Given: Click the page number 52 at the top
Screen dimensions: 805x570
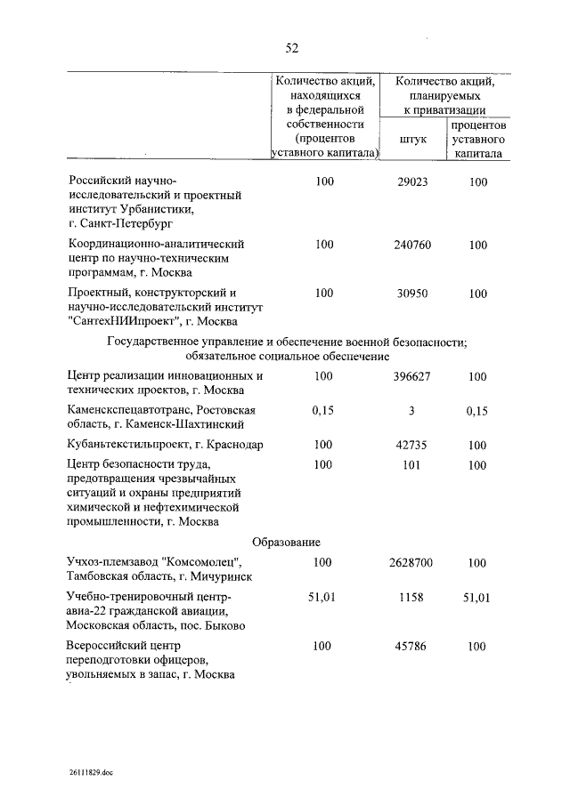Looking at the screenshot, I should point(291,47).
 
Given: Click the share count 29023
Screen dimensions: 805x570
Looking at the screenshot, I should point(411,181).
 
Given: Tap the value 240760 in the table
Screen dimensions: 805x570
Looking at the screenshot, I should point(411,244).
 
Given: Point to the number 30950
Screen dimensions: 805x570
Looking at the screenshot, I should point(411,292).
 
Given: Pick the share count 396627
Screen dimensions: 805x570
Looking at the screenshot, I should point(411,376).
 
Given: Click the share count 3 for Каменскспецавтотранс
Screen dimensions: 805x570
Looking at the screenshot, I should point(411,409).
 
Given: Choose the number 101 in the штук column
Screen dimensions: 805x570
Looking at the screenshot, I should point(411,464).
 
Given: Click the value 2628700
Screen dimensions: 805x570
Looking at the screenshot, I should point(411,562).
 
